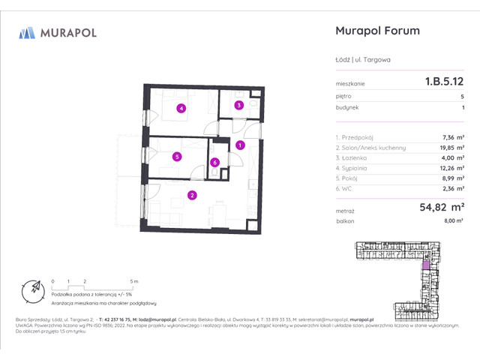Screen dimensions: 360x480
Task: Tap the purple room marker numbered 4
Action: coord(181,108)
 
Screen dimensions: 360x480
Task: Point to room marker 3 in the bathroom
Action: coord(238,106)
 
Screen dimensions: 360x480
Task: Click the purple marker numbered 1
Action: coord(239,145)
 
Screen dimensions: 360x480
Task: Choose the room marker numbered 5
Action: coord(176,157)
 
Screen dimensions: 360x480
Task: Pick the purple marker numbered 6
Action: coord(214,162)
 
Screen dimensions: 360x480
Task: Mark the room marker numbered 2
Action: coord(192,196)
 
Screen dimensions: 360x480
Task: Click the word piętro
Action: coord(344,97)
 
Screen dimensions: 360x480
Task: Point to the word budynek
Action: coord(347,108)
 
